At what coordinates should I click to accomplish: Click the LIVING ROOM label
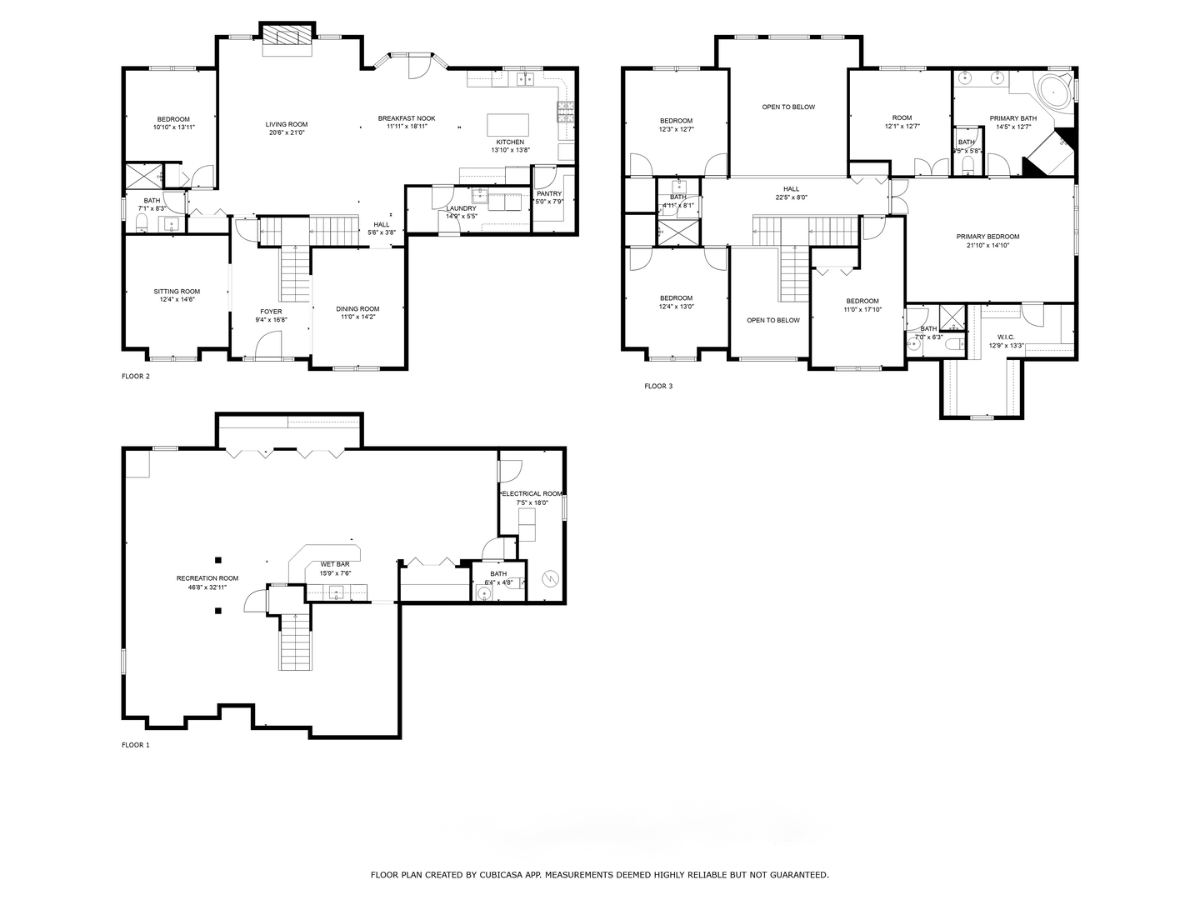[x=287, y=124]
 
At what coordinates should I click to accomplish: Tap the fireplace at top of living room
[x=287, y=37]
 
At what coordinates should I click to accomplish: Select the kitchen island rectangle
[x=507, y=125]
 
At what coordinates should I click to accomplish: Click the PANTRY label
[x=549, y=193]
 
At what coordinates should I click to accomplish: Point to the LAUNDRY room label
[x=461, y=208]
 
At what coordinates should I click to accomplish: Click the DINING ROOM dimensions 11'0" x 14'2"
[x=358, y=317]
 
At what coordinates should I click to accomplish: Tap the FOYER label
[x=271, y=312]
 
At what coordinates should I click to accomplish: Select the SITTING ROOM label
[x=177, y=292]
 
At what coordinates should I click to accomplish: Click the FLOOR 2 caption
[x=136, y=376]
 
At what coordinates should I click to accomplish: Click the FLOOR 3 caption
[x=658, y=386]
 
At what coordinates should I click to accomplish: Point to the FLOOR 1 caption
[x=136, y=745]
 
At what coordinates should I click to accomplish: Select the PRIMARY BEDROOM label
[x=987, y=237]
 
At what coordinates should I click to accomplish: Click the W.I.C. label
[x=1005, y=337]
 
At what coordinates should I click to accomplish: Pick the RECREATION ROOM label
[x=207, y=578]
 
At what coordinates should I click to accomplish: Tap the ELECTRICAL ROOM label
[x=532, y=493]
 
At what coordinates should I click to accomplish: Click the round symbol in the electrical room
[x=549, y=578]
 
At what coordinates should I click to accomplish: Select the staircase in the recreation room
[x=296, y=642]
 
